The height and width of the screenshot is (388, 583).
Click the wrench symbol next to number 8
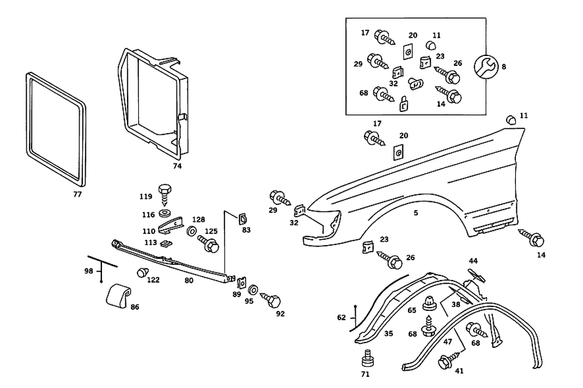[485, 67]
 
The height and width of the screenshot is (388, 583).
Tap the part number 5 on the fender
[416, 214]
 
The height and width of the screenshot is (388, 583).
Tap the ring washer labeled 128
[192, 232]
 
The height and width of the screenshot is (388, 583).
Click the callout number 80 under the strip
[189, 279]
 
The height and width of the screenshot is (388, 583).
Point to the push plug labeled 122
[141, 272]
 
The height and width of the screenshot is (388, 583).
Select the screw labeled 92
[271, 301]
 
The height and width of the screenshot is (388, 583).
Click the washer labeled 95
[253, 291]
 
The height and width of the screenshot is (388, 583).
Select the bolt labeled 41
[447, 362]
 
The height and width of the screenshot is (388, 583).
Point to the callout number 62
[341, 319]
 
